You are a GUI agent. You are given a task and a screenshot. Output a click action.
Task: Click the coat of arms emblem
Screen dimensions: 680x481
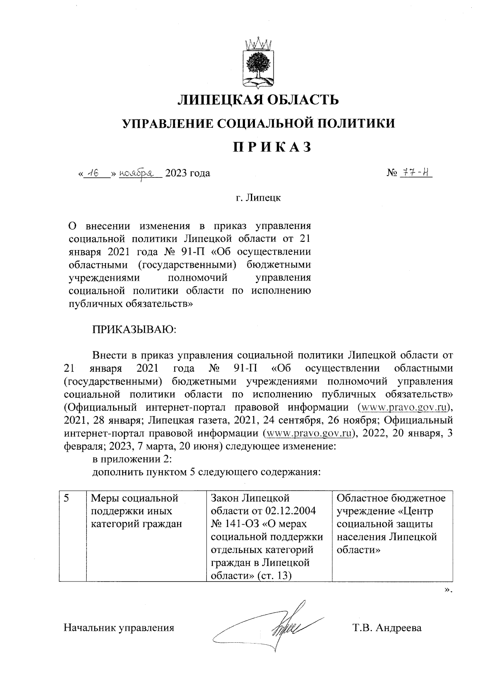[x=258, y=63]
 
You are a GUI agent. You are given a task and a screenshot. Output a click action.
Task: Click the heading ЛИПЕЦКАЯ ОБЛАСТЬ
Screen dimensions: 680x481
[x=258, y=99]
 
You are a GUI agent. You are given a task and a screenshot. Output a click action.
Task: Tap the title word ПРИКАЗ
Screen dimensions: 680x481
[x=273, y=147]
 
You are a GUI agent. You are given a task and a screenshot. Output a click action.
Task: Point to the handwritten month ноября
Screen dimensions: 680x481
[x=139, y=173]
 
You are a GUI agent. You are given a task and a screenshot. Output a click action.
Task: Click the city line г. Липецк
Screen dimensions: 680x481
[x=258, y=197]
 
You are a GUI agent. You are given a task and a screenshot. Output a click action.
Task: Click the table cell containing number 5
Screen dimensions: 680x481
[x=73, y=535]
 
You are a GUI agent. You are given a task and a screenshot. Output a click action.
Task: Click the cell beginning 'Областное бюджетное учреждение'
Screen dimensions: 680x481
[x=391, y=524]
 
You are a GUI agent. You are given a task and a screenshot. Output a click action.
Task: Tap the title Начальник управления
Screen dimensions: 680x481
[x=119, y=628]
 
